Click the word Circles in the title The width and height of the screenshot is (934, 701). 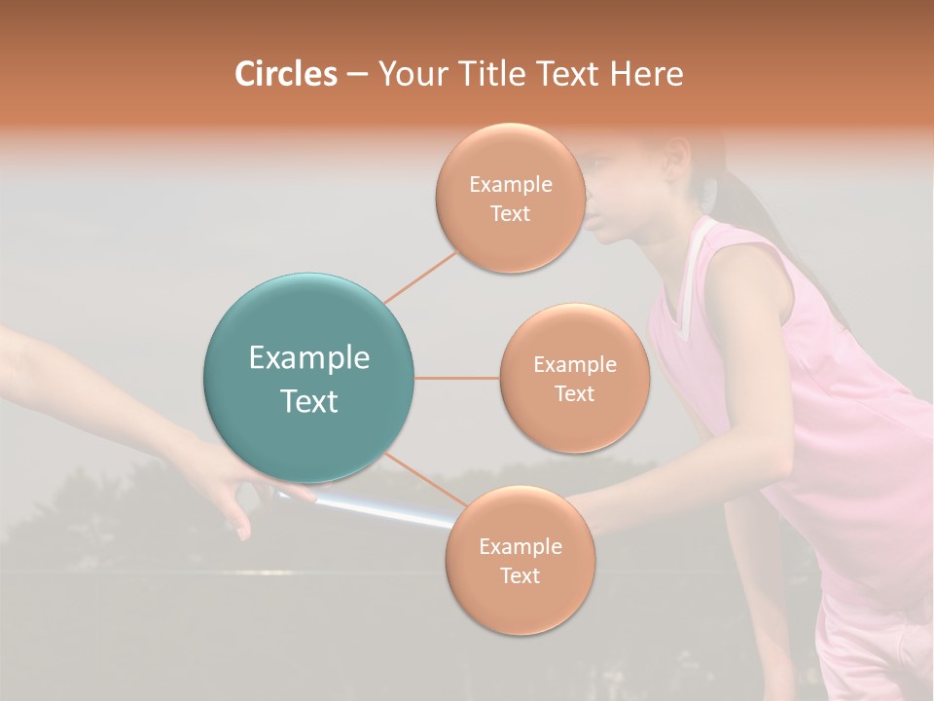[285, 74]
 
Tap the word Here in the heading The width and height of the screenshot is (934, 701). [645, 74]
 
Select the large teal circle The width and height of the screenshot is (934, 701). [309, 378]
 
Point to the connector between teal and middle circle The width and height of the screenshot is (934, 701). [457, 378]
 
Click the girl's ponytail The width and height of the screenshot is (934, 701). [769, 224]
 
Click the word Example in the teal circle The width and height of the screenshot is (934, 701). [309, 358]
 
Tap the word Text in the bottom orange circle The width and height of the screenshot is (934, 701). [520, 575]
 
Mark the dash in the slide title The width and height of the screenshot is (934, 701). [356, 74]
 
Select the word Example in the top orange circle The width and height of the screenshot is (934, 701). [510, 184]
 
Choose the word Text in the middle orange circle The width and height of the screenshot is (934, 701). [574, 393]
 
